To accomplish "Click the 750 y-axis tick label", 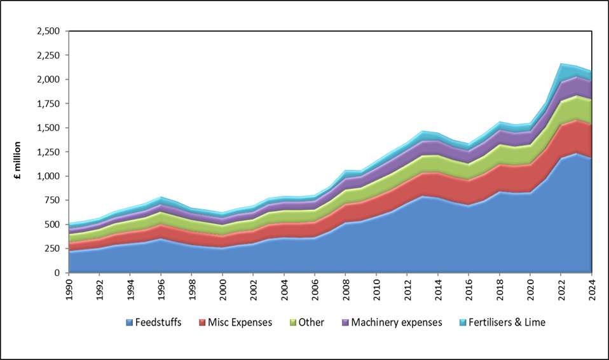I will (x=50, y=200).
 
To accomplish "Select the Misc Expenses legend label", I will (x=240, y=322).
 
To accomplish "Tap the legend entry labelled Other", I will (x=312, y=322).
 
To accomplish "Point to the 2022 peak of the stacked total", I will (x=562, y=64).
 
